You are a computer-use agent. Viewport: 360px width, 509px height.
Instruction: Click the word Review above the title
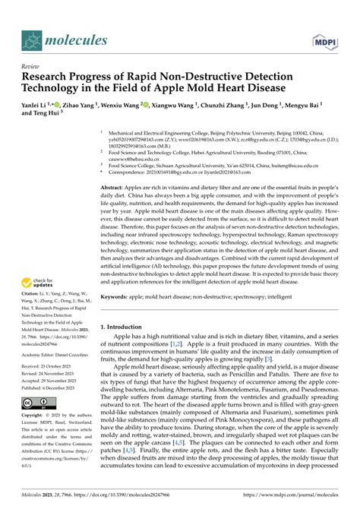click(32, 66)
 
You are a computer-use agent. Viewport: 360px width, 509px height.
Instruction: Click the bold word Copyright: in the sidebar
click(36, 417)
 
